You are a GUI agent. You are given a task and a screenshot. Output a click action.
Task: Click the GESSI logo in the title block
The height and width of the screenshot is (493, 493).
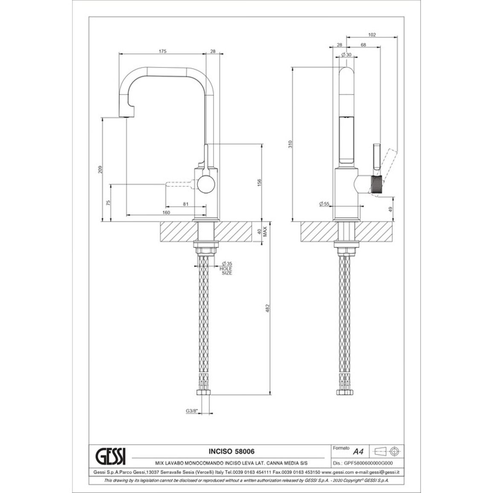(x=110, y=455)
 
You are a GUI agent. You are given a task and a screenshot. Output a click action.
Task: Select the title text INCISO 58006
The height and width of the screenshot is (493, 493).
(x=232, y=451)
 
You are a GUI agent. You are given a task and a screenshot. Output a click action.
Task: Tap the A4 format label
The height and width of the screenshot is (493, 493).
(x=358, y=452)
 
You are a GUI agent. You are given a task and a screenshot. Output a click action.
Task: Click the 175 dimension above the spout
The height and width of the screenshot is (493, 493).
(x=162, y=51)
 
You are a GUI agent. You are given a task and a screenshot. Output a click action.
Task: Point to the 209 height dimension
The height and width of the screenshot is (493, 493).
(x=100, y=169)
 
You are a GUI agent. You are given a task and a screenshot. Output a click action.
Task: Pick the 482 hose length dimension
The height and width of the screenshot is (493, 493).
(x=268, y=308)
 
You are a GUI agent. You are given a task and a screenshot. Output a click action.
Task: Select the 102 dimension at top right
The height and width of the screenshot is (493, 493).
(x=371, y=35)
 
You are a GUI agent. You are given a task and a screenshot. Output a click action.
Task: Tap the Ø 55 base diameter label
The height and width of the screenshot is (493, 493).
(x=324, y=204)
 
